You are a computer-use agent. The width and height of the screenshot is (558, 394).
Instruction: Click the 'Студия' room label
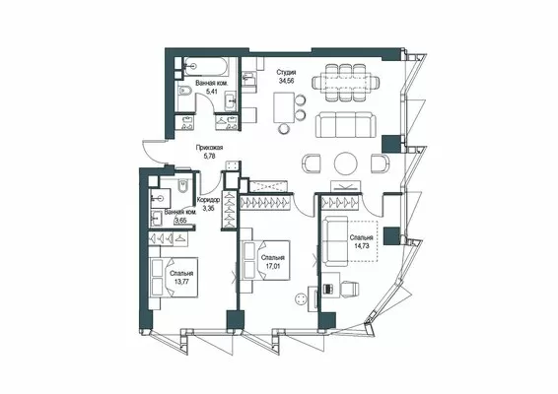tap(287, 73)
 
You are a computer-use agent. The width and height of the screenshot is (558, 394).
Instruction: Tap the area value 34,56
tap(288, 81)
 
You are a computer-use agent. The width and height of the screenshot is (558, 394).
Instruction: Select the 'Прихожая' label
tap(209, 148)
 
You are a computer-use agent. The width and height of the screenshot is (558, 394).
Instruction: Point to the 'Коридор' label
tap(208, 200)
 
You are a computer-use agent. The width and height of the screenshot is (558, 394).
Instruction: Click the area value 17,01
tap(272, 266)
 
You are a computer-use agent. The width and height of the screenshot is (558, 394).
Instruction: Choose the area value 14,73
tap(361, 245)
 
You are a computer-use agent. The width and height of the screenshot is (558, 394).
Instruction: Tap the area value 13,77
tap(181, 282)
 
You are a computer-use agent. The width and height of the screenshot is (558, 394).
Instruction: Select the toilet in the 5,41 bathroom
tap(184, 93)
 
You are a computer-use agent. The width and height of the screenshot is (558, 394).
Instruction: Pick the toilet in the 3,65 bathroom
tap(183, 186)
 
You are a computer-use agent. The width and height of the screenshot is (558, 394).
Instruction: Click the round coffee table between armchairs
tap(346, 164)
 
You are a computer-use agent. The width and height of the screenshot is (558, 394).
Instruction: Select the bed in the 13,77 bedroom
tap(174, 278)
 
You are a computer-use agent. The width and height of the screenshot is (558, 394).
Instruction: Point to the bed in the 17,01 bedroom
tap(266, 261)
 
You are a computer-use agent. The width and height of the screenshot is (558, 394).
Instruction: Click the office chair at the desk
tap(349, 288)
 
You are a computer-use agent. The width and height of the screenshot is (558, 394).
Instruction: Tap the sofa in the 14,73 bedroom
tap(335, 241)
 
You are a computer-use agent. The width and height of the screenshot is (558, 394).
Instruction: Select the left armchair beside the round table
tap(312, 164)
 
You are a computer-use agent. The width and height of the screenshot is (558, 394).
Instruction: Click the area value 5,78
tap(209, 156)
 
